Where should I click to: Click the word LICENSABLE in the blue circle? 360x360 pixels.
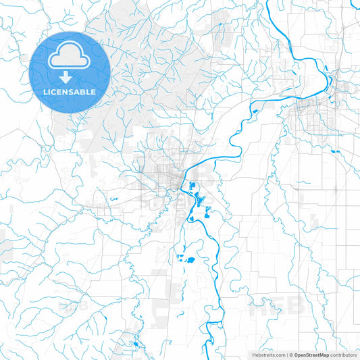[x=70, y=91]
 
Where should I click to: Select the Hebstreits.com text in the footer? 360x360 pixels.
[x=267, y=355]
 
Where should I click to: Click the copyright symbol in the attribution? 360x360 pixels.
[x=291, y=355]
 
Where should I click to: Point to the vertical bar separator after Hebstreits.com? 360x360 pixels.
[x=287, y=355]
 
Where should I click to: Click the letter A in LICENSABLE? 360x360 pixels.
[x=78, y=91]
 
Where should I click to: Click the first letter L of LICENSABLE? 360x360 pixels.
[x=45, y=91]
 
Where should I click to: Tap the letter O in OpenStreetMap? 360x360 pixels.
[x=296, y=355]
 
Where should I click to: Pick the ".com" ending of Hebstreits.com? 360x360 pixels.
[x=279, y=355]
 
